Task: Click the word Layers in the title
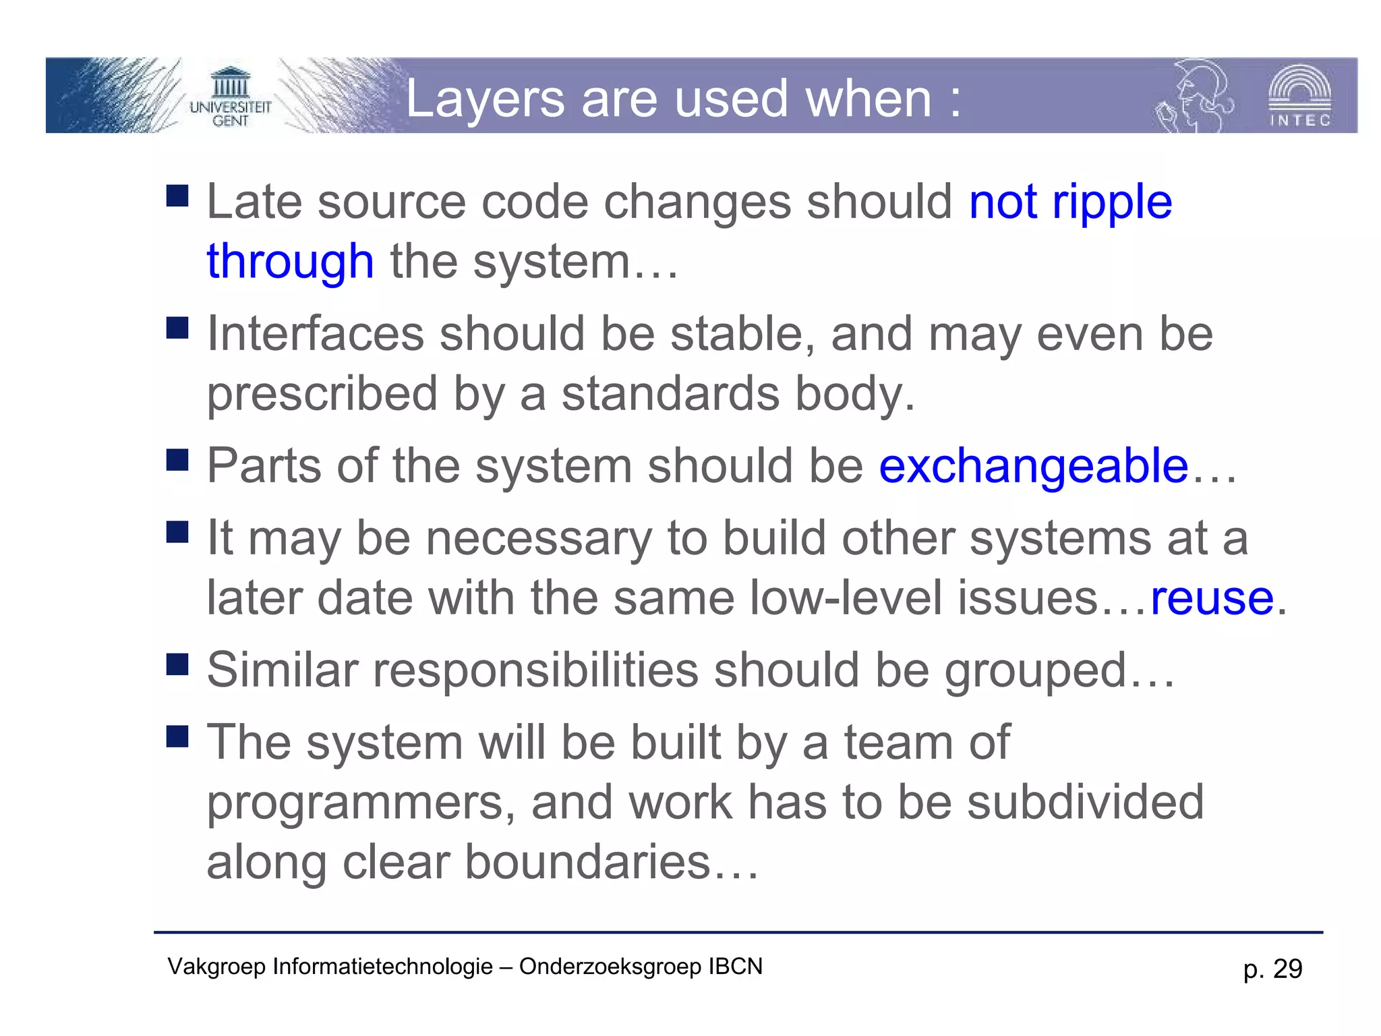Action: click(485, 99)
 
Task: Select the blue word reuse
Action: click(1212, 598)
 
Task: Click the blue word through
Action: click(290, 262)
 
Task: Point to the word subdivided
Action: click(1085, 803)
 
